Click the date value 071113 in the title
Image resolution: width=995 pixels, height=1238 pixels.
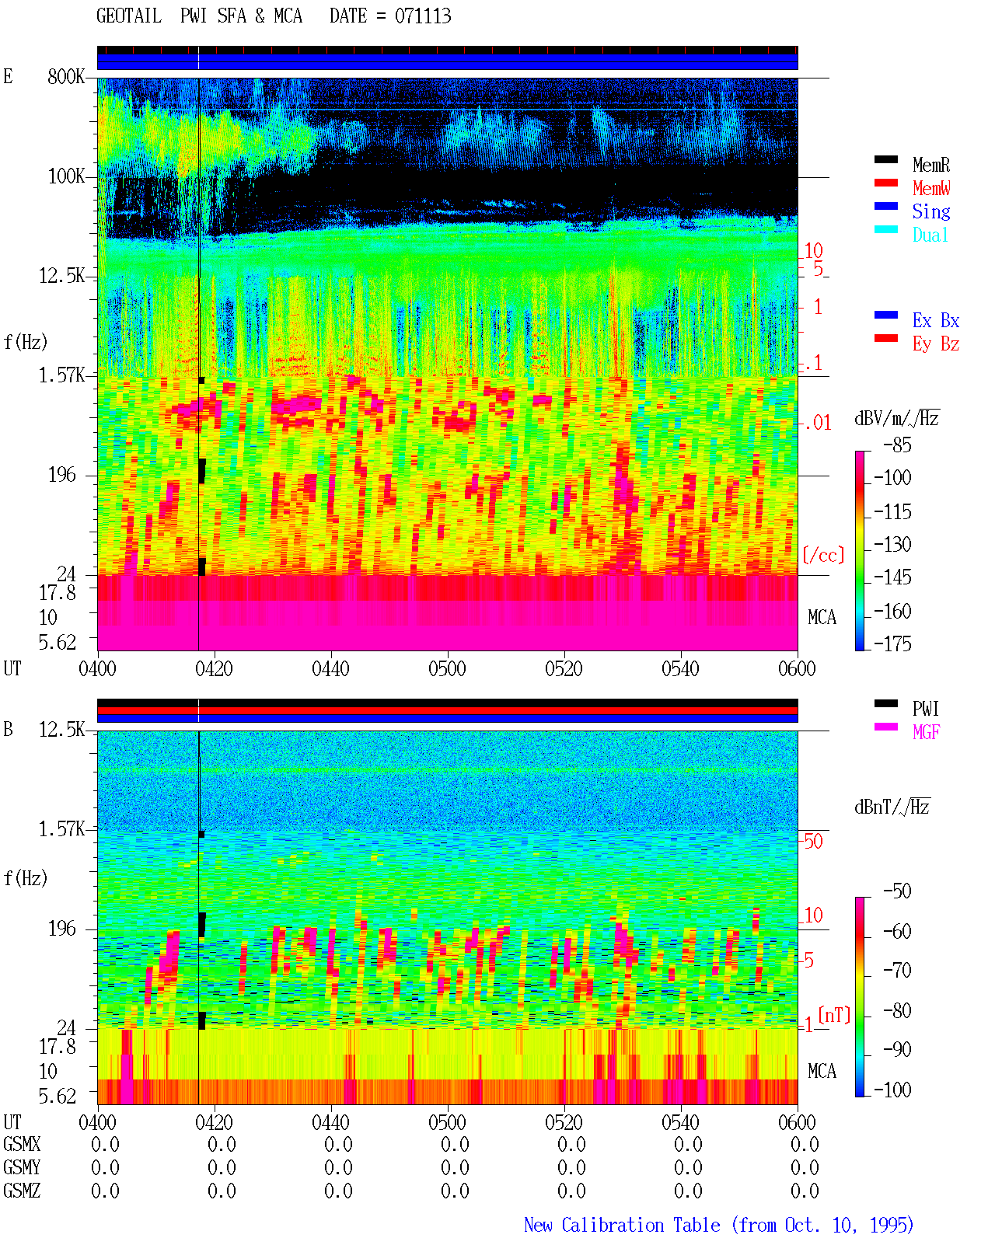point(422,16)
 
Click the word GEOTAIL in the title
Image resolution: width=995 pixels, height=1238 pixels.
point(129,16)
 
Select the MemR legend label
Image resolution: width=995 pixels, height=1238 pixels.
point(930,165)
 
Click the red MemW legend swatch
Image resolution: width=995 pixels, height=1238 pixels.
point(885,183)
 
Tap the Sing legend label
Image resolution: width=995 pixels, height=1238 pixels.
point(930,211)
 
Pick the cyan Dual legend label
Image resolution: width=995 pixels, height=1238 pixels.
point(930,235)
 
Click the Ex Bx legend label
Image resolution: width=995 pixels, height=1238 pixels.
point(935,320)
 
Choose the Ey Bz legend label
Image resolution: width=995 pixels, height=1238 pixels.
point(935,344)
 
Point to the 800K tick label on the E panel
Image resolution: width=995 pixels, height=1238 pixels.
point(66,76)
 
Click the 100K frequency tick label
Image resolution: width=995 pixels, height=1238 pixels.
point(66,176)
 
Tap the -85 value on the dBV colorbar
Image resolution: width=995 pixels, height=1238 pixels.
point(897,445)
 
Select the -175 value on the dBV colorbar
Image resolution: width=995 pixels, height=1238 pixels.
point(892,643)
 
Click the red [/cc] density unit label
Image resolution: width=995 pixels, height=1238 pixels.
point(823,555)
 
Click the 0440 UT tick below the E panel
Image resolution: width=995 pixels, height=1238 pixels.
point(330,669)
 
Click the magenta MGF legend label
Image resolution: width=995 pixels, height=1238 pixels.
point(926,732)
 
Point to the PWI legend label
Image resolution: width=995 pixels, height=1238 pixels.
point(925,709)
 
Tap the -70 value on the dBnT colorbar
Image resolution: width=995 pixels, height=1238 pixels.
point(897,971)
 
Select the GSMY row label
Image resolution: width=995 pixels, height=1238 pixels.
point(22,1167)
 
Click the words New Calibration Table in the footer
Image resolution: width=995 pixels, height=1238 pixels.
point(622,1225)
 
